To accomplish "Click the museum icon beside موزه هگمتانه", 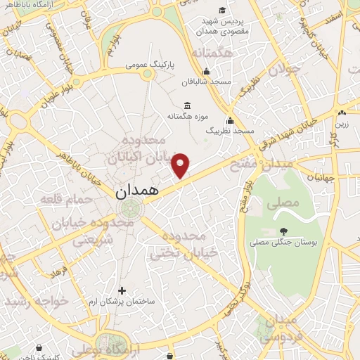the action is [188, 106].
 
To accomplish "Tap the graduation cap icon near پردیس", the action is [223, 10].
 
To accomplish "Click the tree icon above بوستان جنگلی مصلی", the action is [283, 231].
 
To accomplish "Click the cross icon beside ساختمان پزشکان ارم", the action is [122, 290].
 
